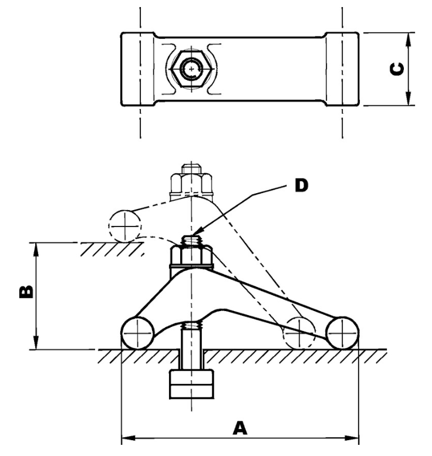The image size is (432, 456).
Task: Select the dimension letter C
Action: pos(397,69)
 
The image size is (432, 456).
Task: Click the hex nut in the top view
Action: pos(189,69)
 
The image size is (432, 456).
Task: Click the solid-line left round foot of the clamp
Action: pos(137,333)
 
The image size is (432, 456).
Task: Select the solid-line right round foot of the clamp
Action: pos(343,333)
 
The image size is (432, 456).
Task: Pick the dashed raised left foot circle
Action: pos(125,225)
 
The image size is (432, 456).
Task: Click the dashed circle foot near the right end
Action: pos(299,333)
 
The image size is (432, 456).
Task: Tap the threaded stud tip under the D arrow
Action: pos(191,241)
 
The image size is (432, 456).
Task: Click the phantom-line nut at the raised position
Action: pos(191,180)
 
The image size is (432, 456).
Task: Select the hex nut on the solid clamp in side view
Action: pos(191,256)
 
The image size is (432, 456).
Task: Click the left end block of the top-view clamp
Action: pos(138,69)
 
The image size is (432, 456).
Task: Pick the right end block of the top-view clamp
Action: pos(342,69)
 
